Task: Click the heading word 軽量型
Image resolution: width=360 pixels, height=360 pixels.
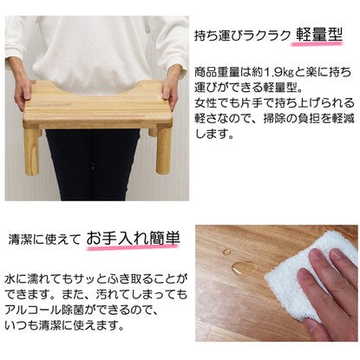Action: [318, 36]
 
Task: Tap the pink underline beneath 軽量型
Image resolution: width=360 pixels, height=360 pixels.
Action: [317, 44]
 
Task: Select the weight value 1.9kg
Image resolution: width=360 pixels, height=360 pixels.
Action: [278, 72]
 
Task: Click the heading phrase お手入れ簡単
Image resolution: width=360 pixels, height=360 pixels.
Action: [134, 239]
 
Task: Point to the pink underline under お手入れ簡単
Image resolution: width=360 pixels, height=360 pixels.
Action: [133, 247]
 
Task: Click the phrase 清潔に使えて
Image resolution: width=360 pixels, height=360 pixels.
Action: [44, 239]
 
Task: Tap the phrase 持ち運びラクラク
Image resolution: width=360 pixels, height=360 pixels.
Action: [242, 36]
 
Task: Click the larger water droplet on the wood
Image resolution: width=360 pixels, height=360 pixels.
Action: [244, 267]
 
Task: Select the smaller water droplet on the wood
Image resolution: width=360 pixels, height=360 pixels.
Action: [227, 251]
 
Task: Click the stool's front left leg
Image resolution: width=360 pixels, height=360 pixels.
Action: [31, 151]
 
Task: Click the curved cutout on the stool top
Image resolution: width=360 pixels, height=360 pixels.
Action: [98, 85]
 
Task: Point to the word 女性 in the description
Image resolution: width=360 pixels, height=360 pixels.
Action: [206, 102]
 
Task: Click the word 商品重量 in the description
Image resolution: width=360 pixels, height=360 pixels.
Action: [218, 72]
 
